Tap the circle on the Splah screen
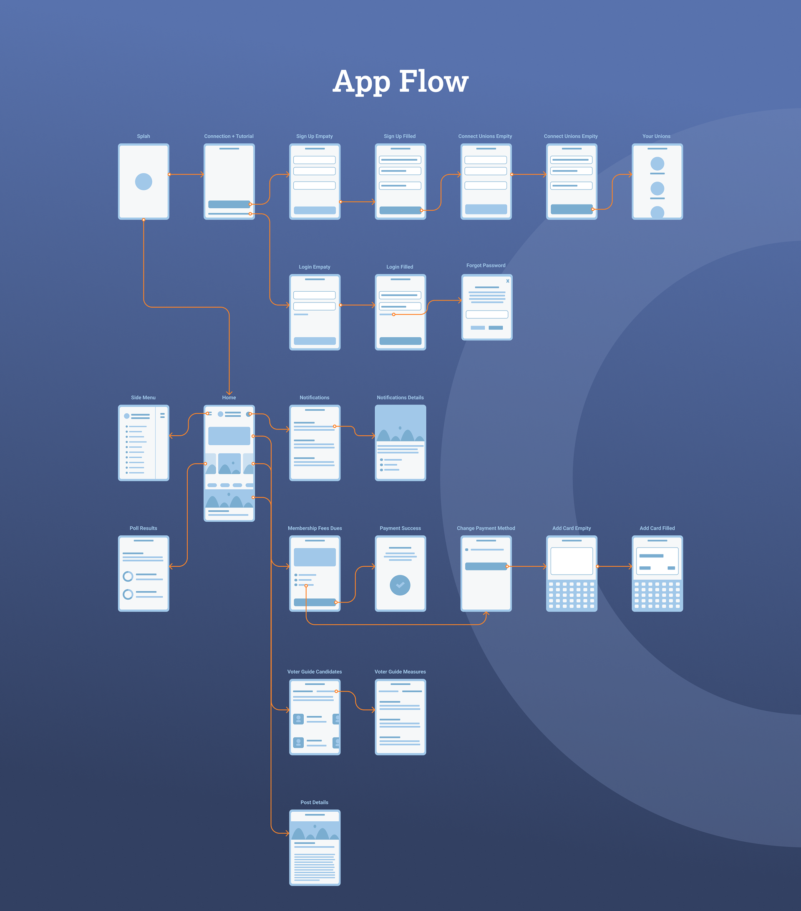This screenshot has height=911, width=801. tap(144, 182)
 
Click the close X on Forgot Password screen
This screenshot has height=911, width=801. tap(507, 281)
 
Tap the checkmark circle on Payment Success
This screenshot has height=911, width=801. tap(400, 585)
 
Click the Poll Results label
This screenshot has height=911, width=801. tap(144, 528)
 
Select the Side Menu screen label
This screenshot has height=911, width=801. tap(144, 398)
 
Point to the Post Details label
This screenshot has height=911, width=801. tap(315, 802)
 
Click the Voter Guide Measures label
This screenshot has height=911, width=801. tap(400, 671)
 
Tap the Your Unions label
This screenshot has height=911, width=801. tap(656, 136)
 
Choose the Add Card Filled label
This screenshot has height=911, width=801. tap(657, 528)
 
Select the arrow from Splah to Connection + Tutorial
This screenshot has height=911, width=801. tap(186, 174)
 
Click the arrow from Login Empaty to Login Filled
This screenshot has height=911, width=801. tap(358, 305)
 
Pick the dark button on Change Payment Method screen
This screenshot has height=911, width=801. tap(486, 566)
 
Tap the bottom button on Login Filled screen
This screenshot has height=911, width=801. tap(400, 341)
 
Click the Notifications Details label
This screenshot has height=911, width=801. tap(400, 398)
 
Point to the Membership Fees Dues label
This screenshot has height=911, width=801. tap(315, 528)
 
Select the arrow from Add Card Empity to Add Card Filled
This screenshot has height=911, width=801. tap(615, 566)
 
